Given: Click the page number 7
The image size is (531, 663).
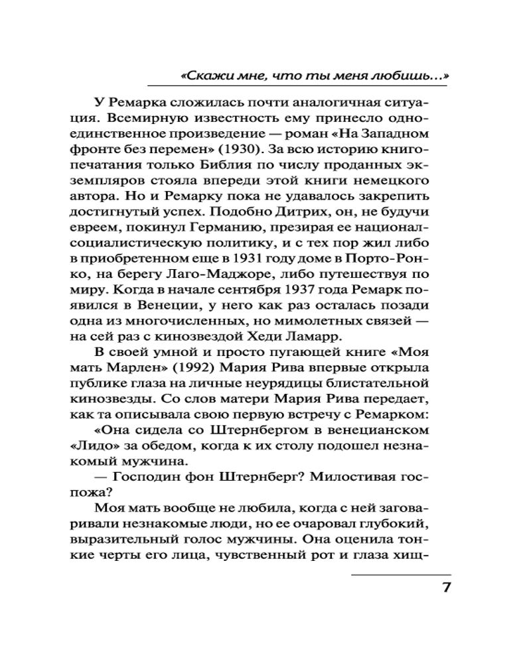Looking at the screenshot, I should tap(445, 587).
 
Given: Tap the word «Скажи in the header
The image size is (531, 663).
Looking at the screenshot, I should tap(202, 76).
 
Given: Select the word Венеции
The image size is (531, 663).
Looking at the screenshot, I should tap(165, 312).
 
